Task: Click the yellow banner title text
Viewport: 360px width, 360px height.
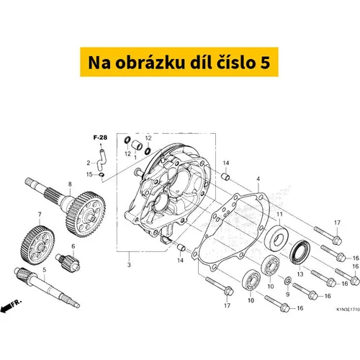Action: point(179,63)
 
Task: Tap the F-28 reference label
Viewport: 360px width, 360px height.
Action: point(100,138)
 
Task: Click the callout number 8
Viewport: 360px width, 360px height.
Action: point(70,184)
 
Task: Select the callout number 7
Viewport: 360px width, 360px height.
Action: point(40,215)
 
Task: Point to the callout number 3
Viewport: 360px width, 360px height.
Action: point(129,265)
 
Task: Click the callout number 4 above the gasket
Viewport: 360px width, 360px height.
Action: point(258,179)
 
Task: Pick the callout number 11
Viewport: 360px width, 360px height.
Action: point(279,214)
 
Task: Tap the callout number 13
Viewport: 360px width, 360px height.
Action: point(300,274)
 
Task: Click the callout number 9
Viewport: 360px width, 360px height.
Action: point(288,294)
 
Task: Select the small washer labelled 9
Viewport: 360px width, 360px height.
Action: point(287,280)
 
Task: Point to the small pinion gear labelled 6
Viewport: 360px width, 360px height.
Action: point(68,263)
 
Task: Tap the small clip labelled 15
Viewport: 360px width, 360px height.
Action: point(102,174)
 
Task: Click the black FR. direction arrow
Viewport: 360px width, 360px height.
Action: point(6,307)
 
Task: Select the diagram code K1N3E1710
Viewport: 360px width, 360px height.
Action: point(347,309)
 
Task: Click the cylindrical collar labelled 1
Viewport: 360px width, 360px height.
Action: point(137,145)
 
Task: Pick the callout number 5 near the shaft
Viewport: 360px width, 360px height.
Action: point(44,269)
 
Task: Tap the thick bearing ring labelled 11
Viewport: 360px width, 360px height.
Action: point(276,237)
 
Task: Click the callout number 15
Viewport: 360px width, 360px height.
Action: point(89,174)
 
